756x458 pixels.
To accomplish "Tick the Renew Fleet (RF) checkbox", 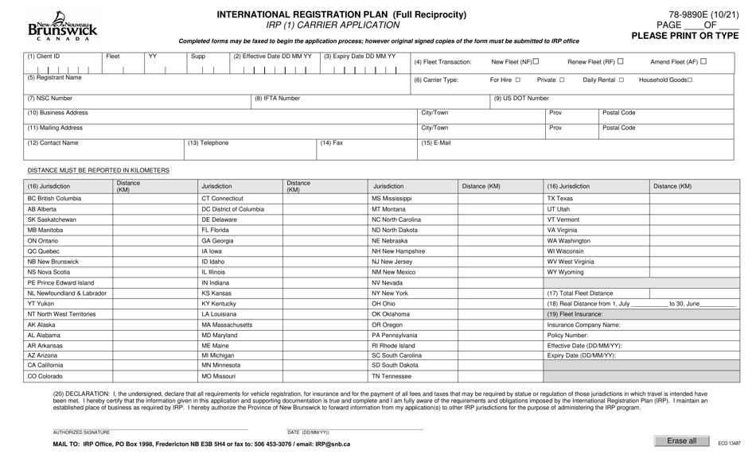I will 621,61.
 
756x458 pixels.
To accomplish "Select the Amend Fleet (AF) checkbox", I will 703,61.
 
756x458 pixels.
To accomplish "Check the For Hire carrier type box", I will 517,80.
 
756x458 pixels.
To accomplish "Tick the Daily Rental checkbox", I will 621,80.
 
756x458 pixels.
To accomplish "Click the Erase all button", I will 681,441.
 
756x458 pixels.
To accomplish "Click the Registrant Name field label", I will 54,78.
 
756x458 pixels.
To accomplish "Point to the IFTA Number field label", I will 277,99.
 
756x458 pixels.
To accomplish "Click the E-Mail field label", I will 435,143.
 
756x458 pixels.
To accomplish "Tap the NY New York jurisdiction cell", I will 390,293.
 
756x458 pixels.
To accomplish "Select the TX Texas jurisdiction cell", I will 559,198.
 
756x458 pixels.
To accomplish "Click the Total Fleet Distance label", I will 580,293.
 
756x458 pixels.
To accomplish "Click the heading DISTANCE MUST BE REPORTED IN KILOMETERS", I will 98,170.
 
